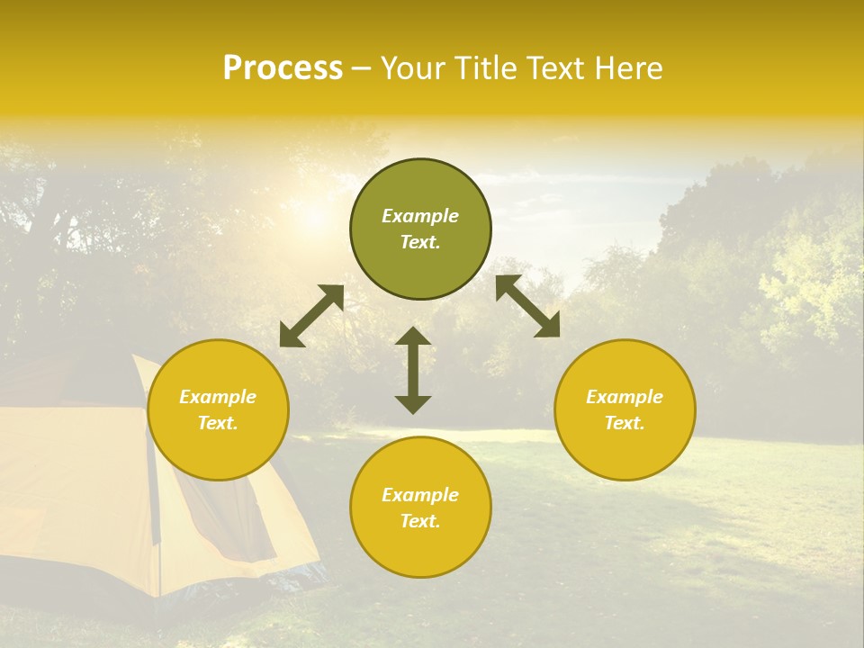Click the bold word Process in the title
(283, 68)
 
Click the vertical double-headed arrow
(413, 370)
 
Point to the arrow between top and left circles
(311, 316)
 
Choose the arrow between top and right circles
(527, 306)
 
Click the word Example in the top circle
(420, 216)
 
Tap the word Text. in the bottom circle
(420, 521)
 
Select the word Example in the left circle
(218, 397)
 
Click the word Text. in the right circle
(625, 423)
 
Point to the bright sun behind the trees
(314, 216)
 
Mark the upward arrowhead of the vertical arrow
(413, 336)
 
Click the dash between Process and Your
(362, 69)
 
